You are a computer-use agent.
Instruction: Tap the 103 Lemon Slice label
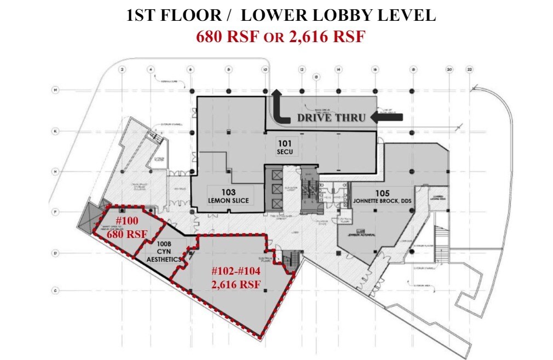(229, 196)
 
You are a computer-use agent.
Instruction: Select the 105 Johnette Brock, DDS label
(381, 197)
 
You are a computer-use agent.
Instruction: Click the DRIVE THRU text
(331, 117)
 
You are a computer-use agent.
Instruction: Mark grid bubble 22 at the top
(469, 69)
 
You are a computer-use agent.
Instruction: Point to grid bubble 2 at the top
(122, 69)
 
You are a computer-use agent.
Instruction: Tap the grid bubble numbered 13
(316, 77)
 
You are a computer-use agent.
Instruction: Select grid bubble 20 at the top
(449, 69)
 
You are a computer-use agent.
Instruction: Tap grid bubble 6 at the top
(190, 69)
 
